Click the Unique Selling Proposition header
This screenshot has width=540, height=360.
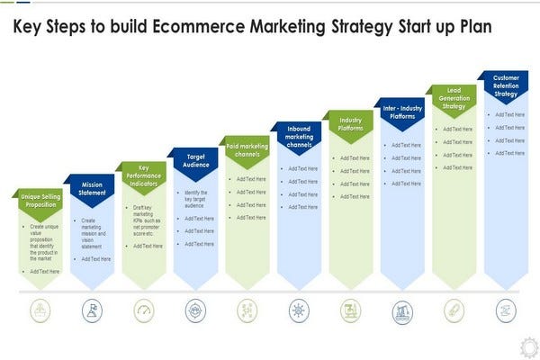click(x=40, y=199)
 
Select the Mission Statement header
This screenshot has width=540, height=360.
click(x=92, y=187)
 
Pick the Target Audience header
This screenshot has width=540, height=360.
click(x=194, y=159)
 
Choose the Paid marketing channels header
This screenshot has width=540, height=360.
click(x=246, y=148)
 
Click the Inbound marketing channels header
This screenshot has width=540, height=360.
click(x=298, y=136)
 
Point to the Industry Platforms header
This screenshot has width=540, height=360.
click(x=349, y=122)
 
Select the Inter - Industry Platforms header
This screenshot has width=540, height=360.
click(x=401, y=111)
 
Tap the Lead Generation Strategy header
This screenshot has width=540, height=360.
click(x=453, y=97)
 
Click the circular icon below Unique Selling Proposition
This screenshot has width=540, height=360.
click(x=40, y=311)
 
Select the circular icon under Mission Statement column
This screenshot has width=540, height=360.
click(x=92, y=311)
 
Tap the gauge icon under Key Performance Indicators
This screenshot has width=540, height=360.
click(x=143, y=311)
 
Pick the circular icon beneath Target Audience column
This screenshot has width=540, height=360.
click(x=194, y=311)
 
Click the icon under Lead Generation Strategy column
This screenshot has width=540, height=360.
click(x=453, y=311)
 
